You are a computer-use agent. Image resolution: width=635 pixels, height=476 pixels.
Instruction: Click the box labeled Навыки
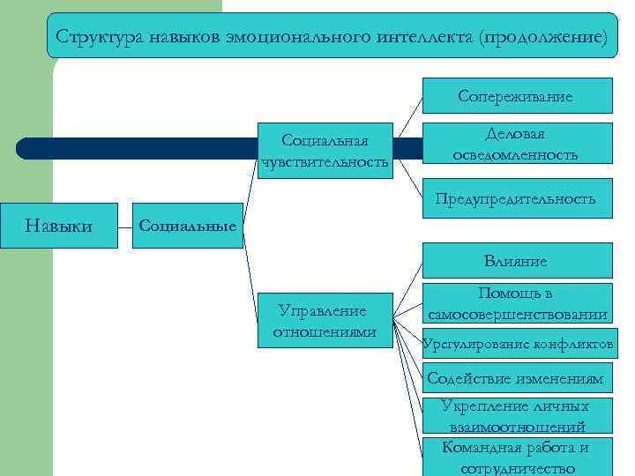tap(59, 226)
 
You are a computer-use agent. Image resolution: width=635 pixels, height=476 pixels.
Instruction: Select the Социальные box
tap(188, 226)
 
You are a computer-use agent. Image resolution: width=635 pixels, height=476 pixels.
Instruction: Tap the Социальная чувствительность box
tap(325, 150)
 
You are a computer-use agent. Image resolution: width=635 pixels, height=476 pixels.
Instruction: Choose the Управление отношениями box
tap(325, 320)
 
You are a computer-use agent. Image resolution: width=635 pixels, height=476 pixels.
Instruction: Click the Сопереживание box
tap(516, 96)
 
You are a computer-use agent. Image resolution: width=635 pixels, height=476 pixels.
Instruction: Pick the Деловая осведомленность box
tap(516, 144)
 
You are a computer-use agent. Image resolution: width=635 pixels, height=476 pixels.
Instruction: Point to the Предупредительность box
tap(516, 199)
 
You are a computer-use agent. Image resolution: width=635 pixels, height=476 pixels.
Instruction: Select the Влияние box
tap(516, 261)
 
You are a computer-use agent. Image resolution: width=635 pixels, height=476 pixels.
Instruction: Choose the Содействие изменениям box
tap(516, 379)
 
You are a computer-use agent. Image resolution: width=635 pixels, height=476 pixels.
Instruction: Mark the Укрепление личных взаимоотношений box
tap(516, 416)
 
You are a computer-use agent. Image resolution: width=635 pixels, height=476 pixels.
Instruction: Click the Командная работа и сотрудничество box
tap(516, 457)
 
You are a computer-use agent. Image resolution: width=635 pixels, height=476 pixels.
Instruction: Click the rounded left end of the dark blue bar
tap(25, 148)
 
